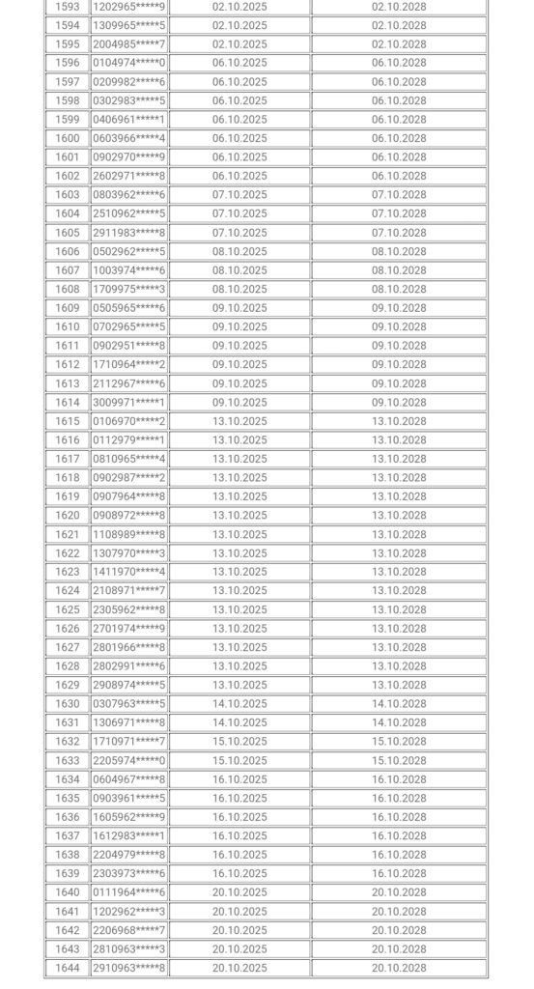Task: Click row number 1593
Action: [68, 7]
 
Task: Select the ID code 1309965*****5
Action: [128, 25]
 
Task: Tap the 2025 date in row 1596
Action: [239, 63]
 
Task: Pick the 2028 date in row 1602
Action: [399, 176]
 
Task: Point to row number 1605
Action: [68, 233]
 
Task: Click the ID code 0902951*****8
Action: [128, 346]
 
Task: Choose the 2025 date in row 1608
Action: [239, 289]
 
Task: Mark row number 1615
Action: [68, 421]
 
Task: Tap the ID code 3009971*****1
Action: [128, 403]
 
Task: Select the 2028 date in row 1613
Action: [399, 383]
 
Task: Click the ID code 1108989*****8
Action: [128, 534]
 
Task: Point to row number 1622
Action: [68, 553]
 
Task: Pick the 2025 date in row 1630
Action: [239, 704]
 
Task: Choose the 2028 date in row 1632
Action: [399, 742]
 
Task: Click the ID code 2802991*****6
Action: [128, 666]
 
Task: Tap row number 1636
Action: [68, 817]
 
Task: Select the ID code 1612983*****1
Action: [128, 835]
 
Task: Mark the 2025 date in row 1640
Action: [239, 892]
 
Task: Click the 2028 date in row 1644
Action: [399, 968]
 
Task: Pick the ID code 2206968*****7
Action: [128, 930]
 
